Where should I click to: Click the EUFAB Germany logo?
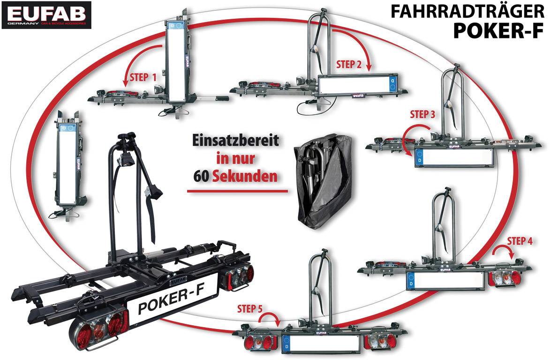pyautogui.click(x=46, y=15)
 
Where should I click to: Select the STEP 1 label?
pyautogui.click(x=141, y=77)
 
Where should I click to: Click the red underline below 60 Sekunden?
pyautogui.click(x=237, y=191)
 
